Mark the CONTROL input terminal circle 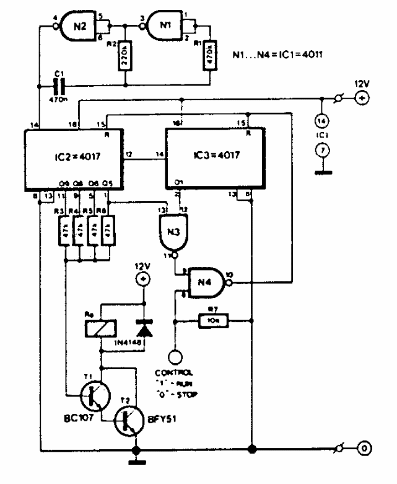point(177,358)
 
